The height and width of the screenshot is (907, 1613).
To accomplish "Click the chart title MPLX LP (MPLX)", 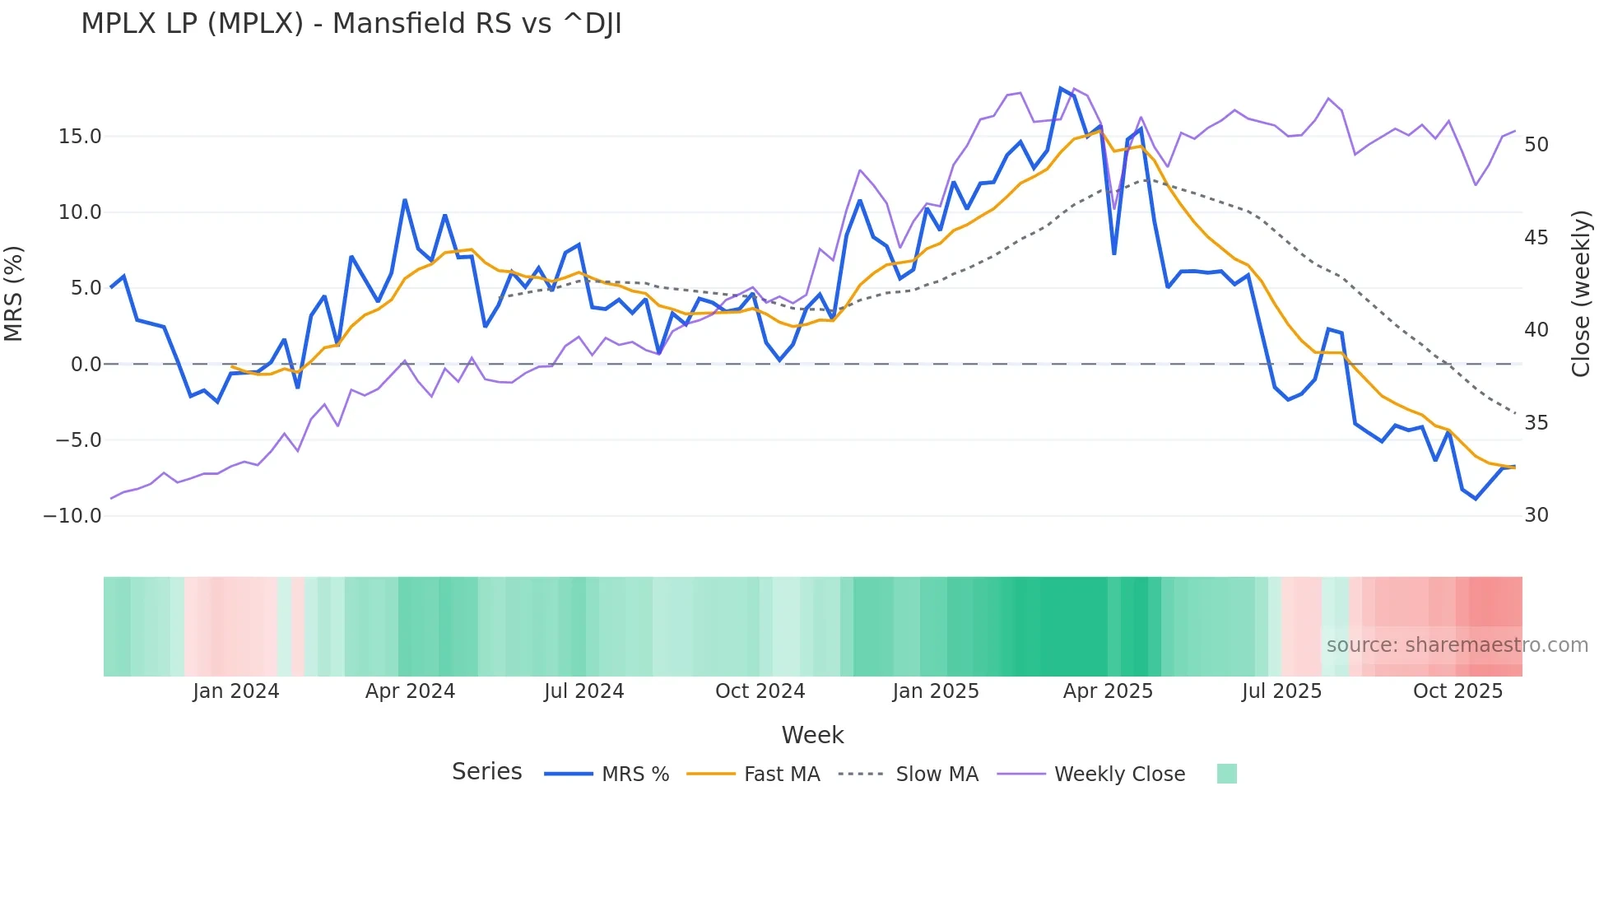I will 351,24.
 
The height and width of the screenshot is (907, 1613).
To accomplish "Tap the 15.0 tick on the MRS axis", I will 80,137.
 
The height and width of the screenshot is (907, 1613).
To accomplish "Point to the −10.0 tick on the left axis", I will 72,516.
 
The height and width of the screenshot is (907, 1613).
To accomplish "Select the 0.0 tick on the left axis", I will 86,365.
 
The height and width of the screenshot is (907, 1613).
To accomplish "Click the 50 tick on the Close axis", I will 1536,145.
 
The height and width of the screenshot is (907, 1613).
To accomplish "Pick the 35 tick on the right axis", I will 1536,423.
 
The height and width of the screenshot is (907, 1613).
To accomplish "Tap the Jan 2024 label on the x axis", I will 236,691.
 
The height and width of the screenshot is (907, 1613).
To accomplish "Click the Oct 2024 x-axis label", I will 760,691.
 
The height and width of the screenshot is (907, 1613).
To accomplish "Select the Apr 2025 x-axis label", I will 1108,691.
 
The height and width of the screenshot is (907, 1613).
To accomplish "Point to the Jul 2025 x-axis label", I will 1281,691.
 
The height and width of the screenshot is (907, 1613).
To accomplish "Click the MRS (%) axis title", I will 14,294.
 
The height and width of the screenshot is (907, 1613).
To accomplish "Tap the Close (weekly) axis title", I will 1581,294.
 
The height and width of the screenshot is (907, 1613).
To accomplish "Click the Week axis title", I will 812,735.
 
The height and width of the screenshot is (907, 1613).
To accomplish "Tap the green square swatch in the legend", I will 1226,774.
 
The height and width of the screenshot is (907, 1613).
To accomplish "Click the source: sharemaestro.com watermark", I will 1457,645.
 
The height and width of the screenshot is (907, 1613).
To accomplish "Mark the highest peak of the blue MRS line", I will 1061,88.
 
